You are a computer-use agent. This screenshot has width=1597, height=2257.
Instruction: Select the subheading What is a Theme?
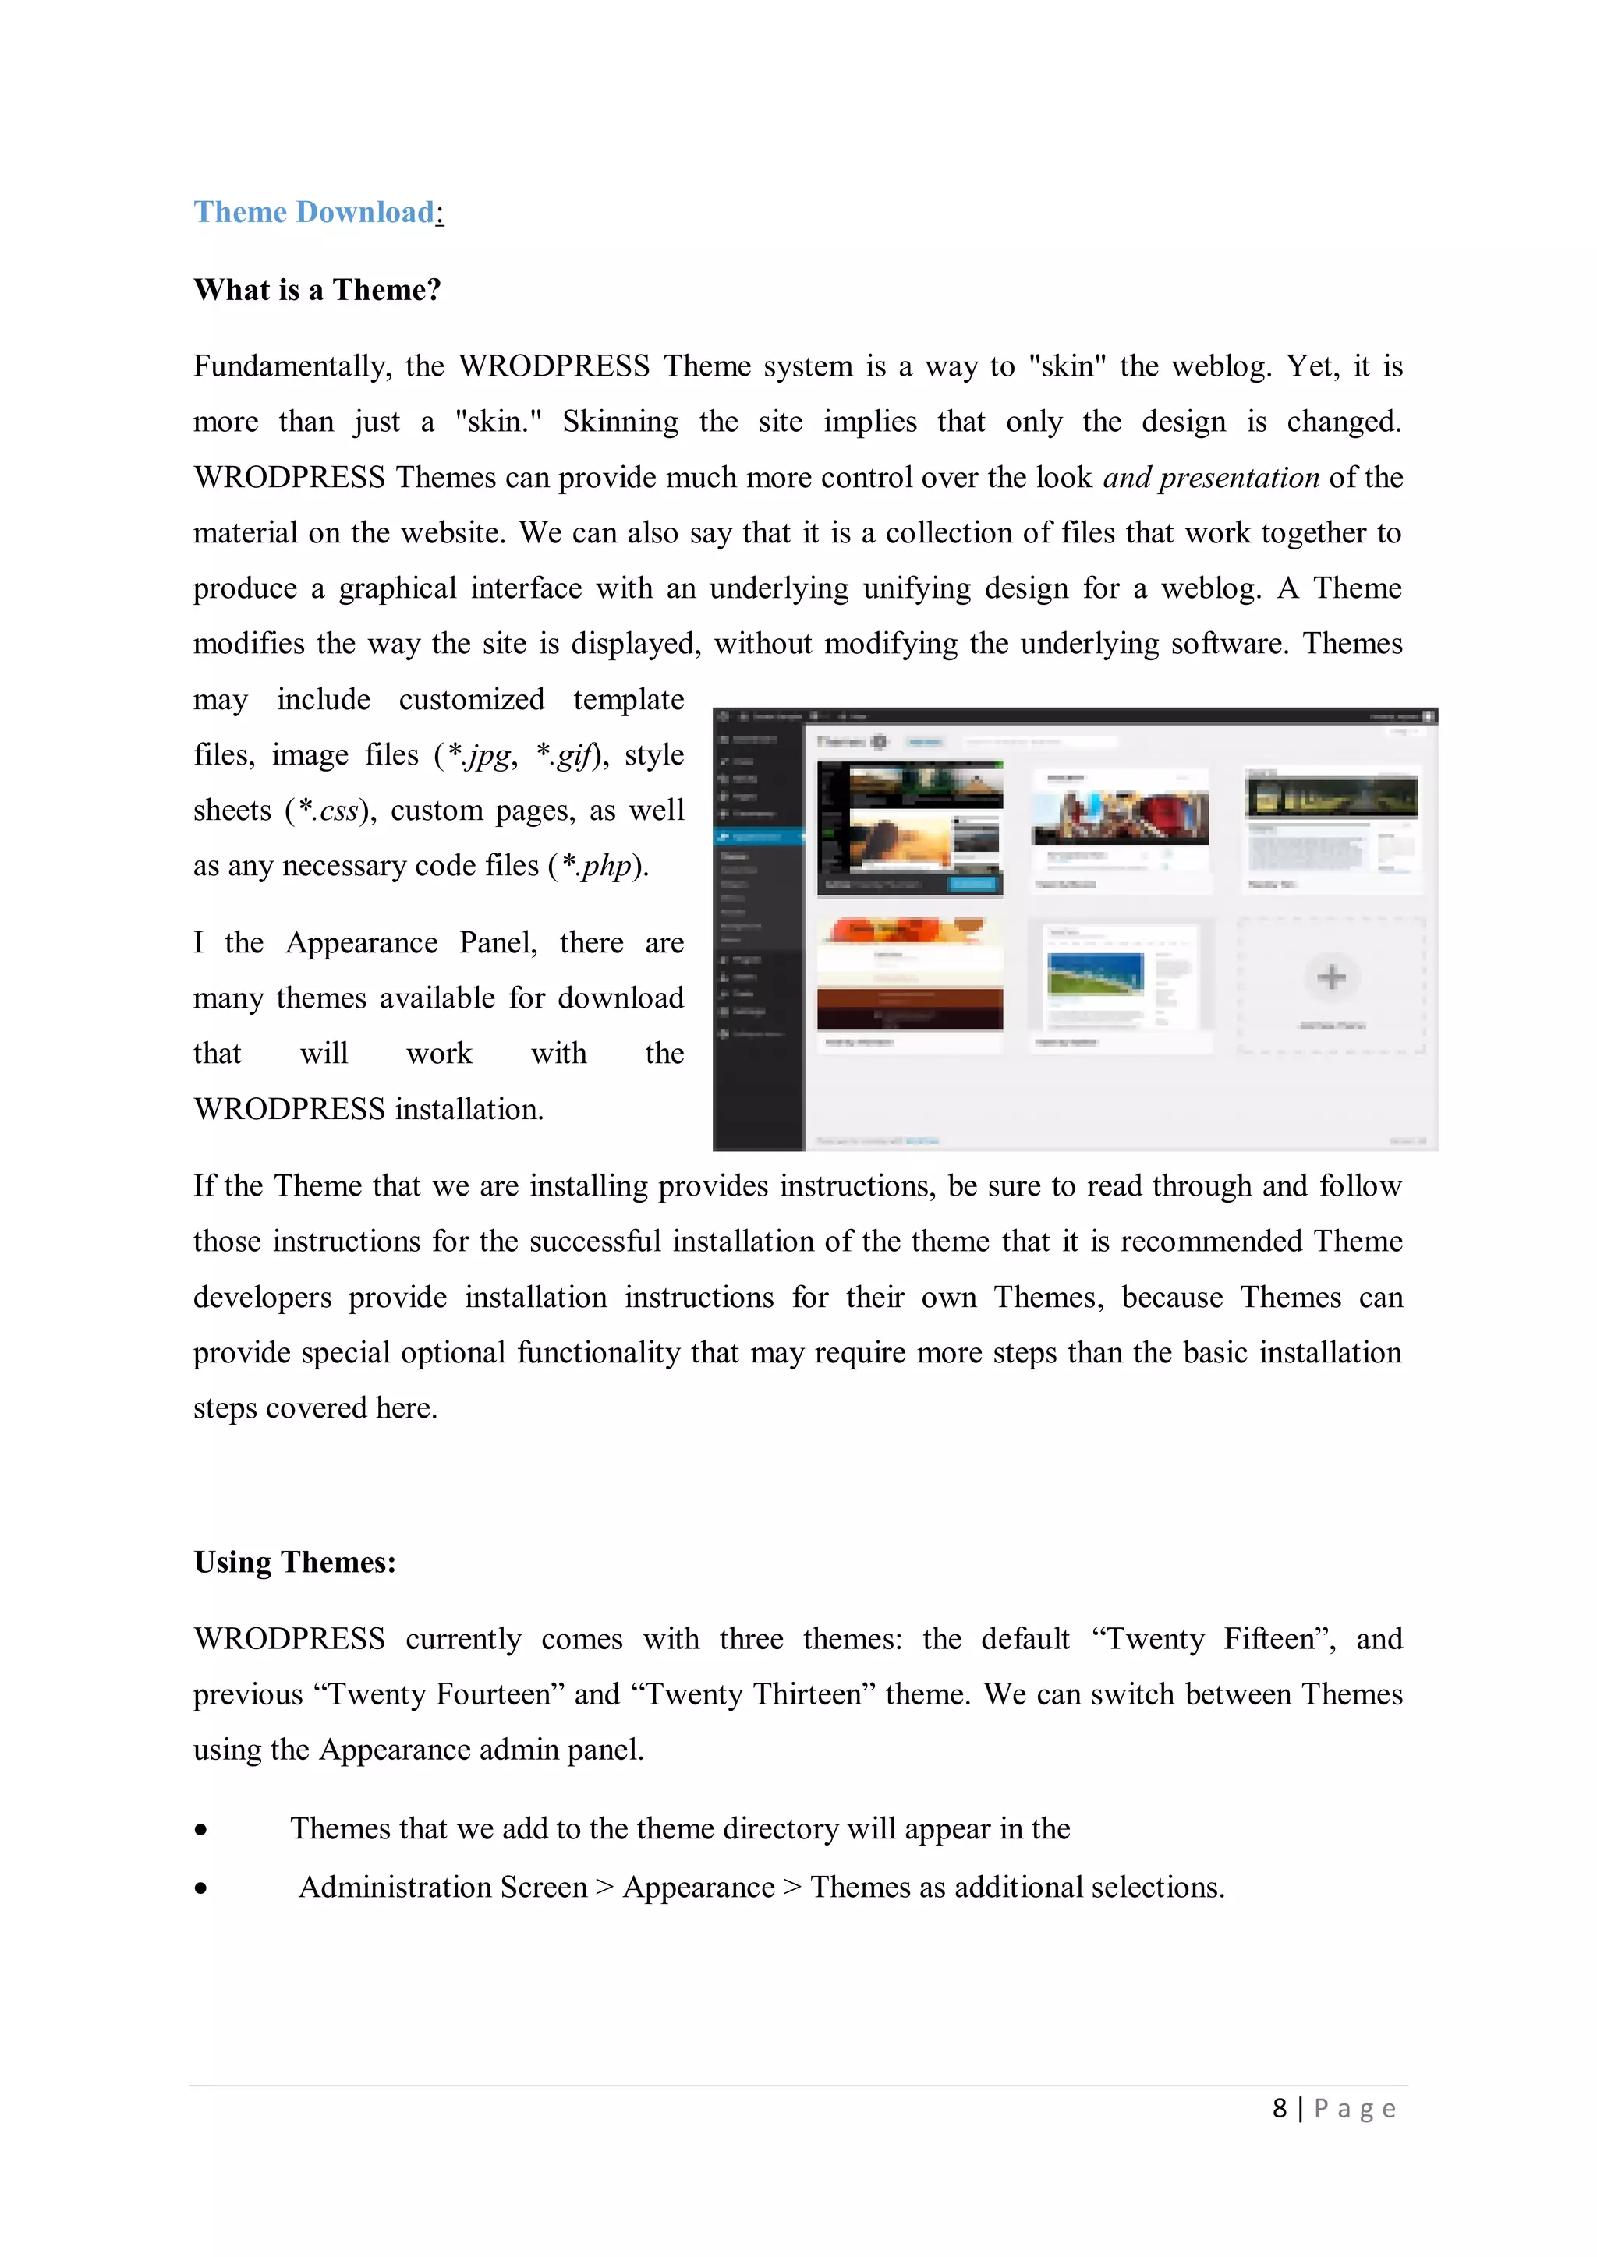pos(317,290)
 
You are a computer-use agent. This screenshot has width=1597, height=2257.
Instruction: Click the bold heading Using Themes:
pos(294,1562)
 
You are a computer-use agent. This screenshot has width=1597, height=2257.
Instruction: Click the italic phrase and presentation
pos(1210,478)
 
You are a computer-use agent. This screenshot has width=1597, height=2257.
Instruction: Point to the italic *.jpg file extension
pos(480,755)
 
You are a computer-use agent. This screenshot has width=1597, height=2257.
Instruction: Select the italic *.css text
pos(329,811)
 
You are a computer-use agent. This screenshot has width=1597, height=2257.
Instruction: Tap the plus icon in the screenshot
pos(1332,977)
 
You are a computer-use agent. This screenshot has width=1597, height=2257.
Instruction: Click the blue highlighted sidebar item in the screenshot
pos(757,836)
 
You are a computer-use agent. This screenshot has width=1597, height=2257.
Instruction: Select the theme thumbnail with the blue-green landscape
pos(1096,975)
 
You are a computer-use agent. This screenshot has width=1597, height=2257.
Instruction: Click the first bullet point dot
pos(200,1829)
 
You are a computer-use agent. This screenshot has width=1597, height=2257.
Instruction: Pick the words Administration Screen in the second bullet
pos(442,1888)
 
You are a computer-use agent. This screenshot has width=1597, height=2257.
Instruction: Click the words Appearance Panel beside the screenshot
pos(411,943)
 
